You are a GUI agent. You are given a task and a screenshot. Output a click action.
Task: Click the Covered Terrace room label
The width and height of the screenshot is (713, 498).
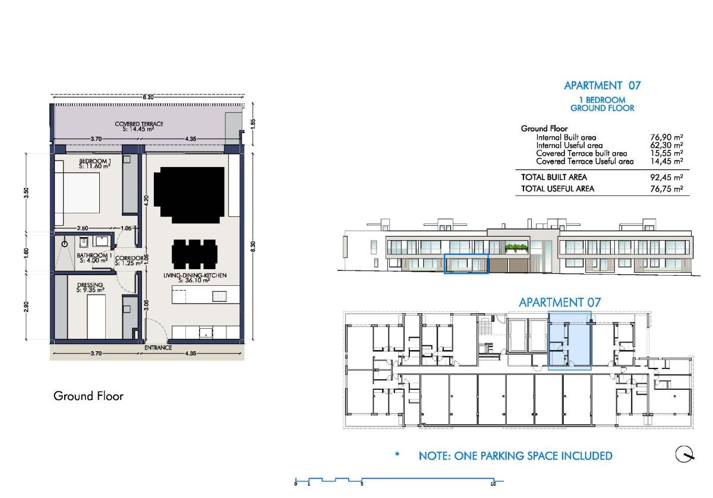(138, 125)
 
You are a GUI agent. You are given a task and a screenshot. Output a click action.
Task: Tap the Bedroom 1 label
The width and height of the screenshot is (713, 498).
(95, 163)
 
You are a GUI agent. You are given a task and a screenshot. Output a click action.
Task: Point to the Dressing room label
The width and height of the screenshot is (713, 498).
(90, 288)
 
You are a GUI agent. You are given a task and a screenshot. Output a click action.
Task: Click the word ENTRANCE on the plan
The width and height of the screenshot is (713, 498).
(157, 348)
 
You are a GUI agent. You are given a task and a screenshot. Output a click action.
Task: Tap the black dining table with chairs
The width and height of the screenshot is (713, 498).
(194, 254)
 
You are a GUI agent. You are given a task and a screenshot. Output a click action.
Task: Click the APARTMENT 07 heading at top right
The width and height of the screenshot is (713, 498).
(602, 86)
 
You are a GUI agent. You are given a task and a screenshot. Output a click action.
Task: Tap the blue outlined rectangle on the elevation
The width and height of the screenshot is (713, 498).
(466, 264)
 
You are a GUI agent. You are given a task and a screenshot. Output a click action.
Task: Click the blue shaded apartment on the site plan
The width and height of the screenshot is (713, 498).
(569, 341)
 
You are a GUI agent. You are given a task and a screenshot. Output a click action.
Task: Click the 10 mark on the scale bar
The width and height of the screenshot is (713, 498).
(493, 484)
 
